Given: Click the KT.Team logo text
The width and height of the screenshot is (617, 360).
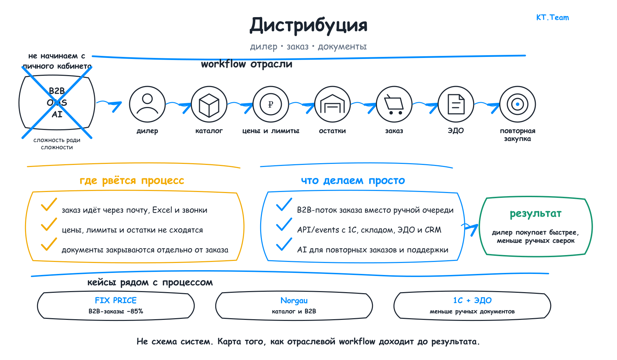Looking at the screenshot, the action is coord(553,17).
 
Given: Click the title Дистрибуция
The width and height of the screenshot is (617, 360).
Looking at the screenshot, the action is coord(308,25).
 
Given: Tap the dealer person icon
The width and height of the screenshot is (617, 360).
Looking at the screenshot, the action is coord(147,104).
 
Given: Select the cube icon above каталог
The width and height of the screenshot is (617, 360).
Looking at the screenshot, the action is coord(209,104).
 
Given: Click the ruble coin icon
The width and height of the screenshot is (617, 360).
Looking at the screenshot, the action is coord(271,104).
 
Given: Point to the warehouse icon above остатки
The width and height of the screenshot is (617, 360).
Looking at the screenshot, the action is coord(332,104).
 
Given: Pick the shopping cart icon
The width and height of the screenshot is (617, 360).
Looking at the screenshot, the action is coord(394,104).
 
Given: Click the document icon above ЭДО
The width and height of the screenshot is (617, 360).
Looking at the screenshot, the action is coord(456,104).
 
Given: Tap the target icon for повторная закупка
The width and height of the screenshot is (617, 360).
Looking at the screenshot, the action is coord(518,104).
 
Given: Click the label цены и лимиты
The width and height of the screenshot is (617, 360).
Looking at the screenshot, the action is coord(271,131).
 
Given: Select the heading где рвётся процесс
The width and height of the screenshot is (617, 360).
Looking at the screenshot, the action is coord(132,180).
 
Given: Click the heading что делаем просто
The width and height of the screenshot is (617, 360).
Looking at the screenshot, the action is coord(353,180).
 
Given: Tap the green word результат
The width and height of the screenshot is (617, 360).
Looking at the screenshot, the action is coord(536,214).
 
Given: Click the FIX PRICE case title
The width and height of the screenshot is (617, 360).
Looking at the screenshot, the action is coord(116,300).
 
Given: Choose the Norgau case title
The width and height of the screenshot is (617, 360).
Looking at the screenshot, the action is coord(294,301).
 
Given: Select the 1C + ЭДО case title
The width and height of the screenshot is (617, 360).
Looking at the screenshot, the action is coord(472,300).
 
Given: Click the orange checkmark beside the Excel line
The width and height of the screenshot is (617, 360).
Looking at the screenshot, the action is coord(49,205).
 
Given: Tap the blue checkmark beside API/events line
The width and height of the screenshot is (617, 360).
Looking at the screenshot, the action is coord(284,225).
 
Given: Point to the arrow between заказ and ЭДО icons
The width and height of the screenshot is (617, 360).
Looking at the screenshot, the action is coord(425,106).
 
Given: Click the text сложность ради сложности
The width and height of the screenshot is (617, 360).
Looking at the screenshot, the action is coord(57,144).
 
